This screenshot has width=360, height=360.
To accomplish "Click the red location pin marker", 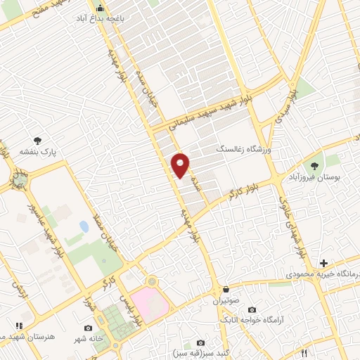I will click(181, 165).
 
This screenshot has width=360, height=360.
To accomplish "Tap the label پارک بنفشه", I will click(37, 150).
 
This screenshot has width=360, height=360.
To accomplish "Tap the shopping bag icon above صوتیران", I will click(226, 289).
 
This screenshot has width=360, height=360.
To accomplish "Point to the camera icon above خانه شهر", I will click(88, 328).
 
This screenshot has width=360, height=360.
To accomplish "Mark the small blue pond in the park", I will click(84, 227).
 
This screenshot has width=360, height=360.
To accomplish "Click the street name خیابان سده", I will click(150, 97).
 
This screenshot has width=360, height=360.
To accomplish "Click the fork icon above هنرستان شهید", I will click(19, 325).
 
